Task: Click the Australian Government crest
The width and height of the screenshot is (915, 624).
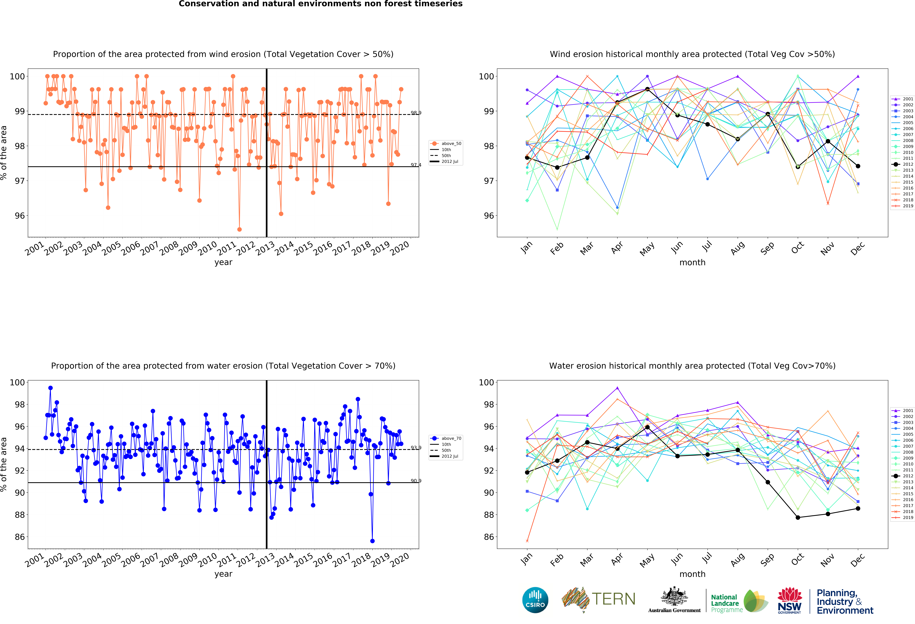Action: pyautogui.click(x=674, y=597)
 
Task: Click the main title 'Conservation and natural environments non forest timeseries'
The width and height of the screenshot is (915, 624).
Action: pyautogui.click(x=320, y=4)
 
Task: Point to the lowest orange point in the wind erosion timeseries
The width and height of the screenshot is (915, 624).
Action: pyautogui.click(x=239, y=229)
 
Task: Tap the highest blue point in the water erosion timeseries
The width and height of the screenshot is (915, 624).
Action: pyautogui.click(x=50, y=388)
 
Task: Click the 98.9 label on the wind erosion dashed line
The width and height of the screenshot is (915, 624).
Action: pyautogui.click(x=416, y=113)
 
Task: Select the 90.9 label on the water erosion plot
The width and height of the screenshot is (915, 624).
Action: pyautogui.click(x=416, y=481)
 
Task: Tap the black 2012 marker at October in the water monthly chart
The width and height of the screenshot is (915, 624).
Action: pyautogui.click(x=798, y=518)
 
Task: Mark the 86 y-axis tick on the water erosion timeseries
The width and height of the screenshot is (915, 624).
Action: pyautogui.click(x=20, y=537)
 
